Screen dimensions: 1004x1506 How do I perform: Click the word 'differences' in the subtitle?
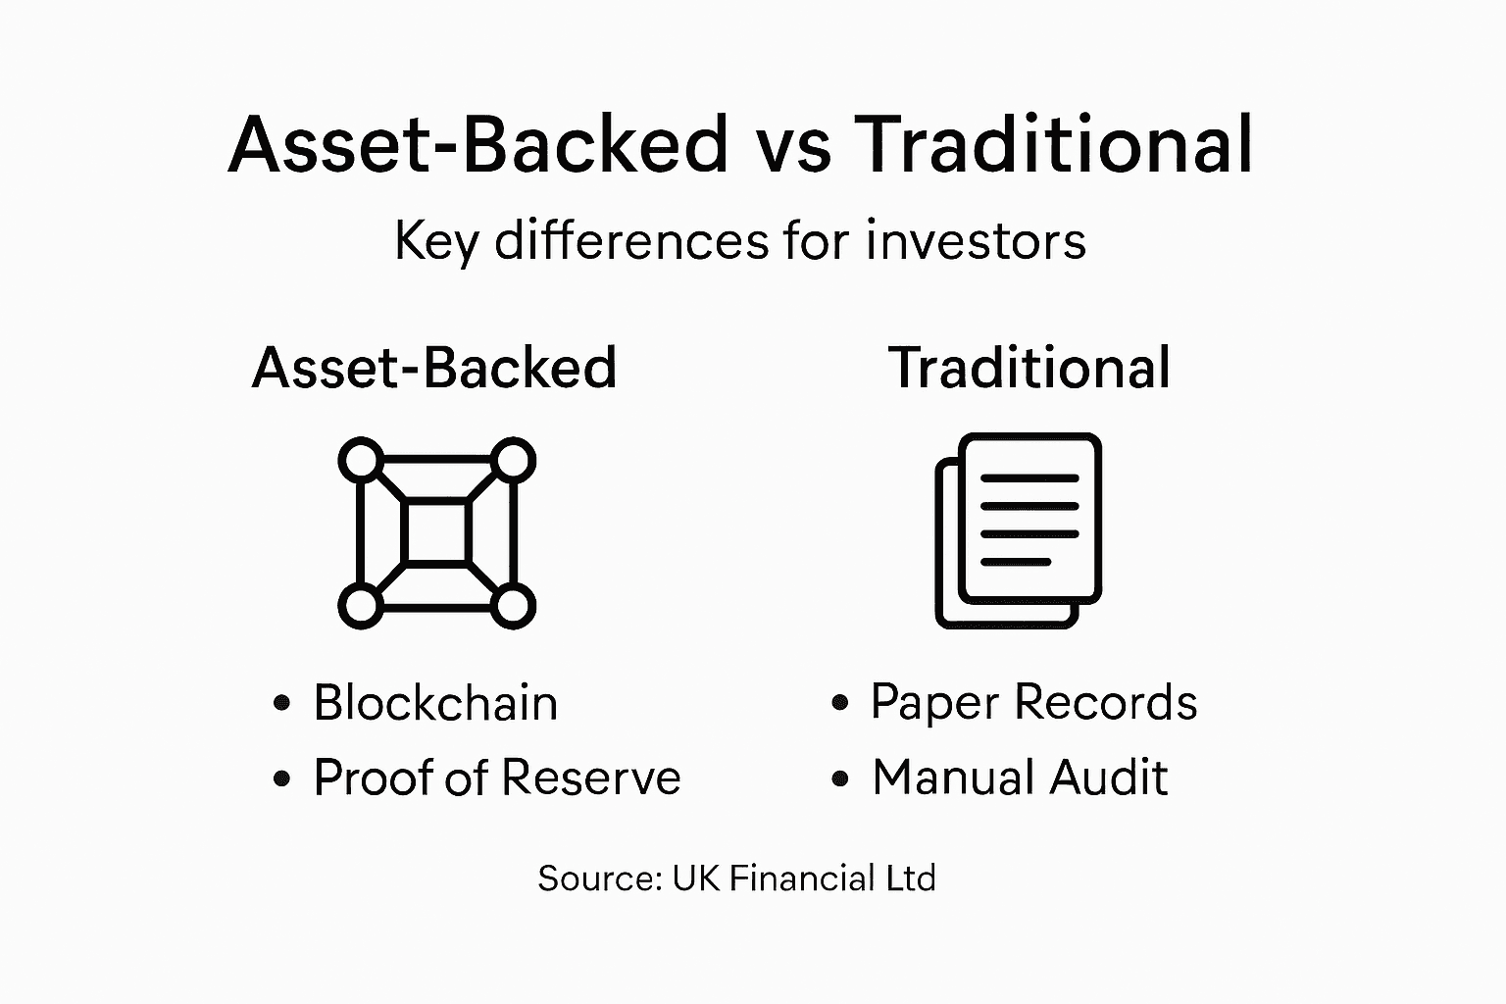point(631,240)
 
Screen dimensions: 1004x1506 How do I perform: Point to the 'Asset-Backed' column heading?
point(434,368)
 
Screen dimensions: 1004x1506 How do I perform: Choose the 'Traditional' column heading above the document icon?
point(1029,368)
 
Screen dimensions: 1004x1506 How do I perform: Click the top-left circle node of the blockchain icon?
point(361,459)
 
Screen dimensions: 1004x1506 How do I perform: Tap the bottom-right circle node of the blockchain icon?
point(512,606)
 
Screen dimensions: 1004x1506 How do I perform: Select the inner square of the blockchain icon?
point(436,532)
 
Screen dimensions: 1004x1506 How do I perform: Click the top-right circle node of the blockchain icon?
point(512,459)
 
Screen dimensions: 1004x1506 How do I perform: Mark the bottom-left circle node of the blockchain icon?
point(361,606)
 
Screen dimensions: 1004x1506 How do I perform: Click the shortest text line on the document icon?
point(1016,562)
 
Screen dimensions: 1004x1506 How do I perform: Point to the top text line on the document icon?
point(1029,478)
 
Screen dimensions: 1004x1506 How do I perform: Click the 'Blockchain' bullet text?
point(435,703)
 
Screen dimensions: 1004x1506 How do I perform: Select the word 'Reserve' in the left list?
point(591,778)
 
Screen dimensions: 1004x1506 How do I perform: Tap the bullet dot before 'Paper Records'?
point(839,703)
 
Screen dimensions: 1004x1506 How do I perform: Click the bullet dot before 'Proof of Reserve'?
point(282,778)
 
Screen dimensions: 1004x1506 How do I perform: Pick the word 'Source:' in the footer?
point(600,878)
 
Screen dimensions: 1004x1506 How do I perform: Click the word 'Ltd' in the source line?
point(911,878)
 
